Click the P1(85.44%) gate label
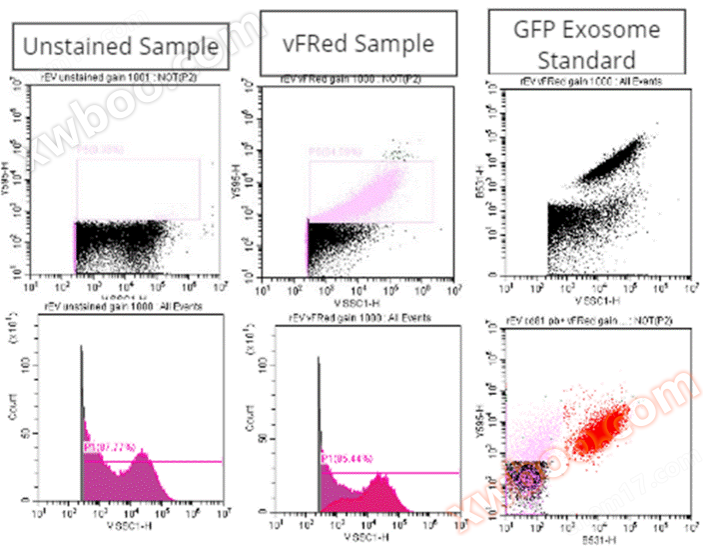point(347,458)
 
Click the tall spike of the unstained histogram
point(81,400)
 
